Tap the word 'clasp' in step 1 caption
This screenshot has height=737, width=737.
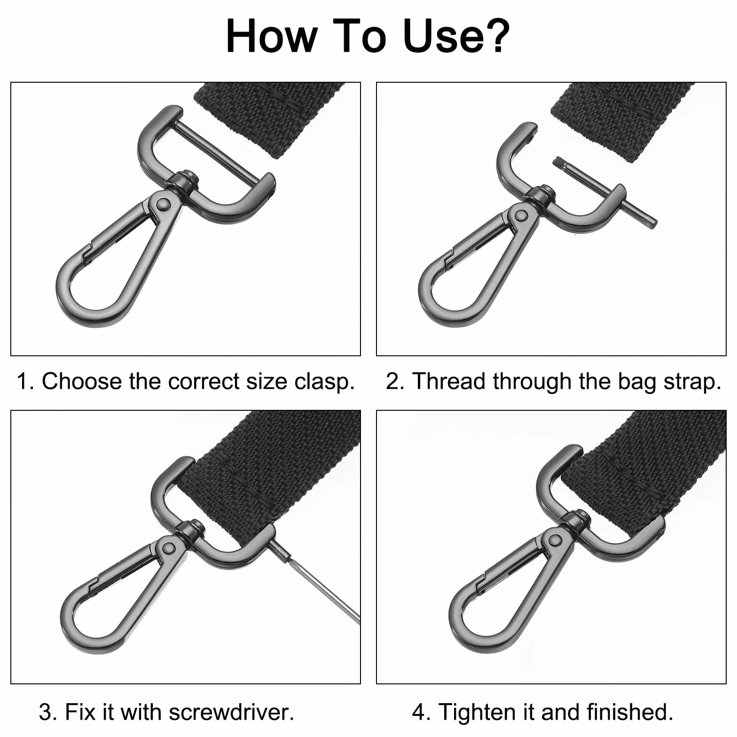[x=324, y=382]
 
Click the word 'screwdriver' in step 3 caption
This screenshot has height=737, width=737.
[x=231, y=712]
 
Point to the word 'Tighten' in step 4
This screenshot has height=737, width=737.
[x=478, y=712]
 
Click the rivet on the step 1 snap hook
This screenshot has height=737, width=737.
[x=163, y=203]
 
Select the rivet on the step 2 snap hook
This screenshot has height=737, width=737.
[x=521, y=215]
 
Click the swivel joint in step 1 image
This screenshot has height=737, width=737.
[x=184, y=181]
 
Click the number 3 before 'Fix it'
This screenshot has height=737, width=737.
[x=46, y=713]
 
